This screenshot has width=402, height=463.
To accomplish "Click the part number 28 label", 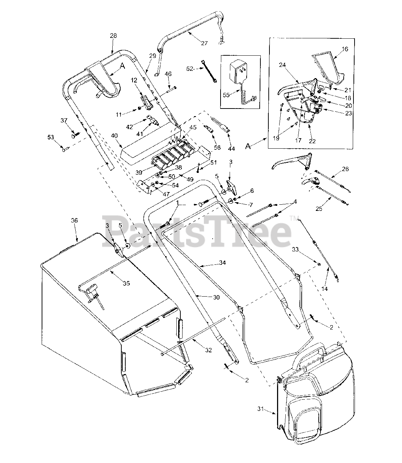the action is click(113, 35).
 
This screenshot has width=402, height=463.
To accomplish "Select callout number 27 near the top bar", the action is click(204, 43).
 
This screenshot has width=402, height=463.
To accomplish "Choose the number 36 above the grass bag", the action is click(74, 221).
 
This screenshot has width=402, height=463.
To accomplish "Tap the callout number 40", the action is click(114, 136).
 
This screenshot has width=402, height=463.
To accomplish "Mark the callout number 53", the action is click(51, 137).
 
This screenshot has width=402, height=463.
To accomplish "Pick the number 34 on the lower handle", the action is click(222, 263).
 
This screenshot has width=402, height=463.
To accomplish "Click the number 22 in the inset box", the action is click(312, 141).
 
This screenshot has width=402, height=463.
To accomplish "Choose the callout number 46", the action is click(168, 74).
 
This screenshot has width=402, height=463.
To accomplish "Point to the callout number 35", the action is click(126, 284).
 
